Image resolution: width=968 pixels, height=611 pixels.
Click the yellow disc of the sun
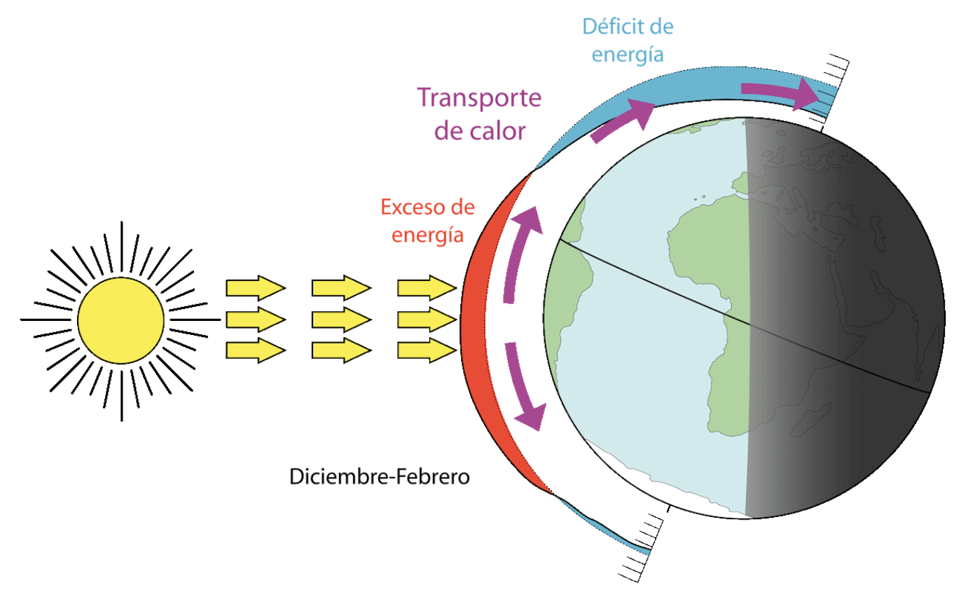120,320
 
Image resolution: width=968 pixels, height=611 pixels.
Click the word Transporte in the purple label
479,97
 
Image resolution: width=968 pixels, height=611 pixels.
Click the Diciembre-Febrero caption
379,477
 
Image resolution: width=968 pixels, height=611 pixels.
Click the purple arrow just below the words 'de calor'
623,121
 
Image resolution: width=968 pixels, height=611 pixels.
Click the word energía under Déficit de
627,55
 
